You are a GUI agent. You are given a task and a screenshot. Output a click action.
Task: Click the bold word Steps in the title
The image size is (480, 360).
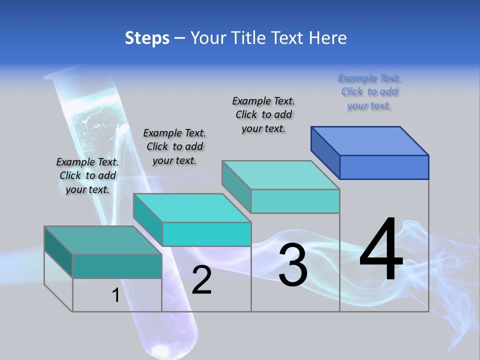pyautogui.click(x=147, y=38)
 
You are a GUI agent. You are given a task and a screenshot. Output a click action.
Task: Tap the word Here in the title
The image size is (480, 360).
pyautogui.click(x=327, y=38)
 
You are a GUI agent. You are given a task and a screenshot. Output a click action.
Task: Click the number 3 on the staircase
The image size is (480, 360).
pyautogui.click(x=293, y=265)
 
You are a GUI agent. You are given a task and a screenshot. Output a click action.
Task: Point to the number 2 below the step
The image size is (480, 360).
pyautogui.click(x=201, y=280)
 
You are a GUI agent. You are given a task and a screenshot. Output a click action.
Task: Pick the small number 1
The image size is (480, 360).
pyautogui.click(x=115, y=295)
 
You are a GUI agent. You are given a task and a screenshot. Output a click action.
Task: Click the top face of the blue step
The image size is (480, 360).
pyautogui.click(x=370, y=140)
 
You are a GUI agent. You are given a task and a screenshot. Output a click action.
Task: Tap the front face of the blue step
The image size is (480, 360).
pyautogui.click(x=384, y=167)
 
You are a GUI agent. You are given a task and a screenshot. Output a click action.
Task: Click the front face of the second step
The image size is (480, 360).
pyautogui.click(x=206, y=234)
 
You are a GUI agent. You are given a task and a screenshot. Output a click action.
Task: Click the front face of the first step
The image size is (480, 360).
pyautogui.click(x=117, y=266)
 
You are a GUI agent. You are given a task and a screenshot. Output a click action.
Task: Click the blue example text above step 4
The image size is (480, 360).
pyautogui.click(x=369, y=92)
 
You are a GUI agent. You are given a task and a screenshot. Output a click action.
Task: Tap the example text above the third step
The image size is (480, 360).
pyautogui.click(x=263, y=114)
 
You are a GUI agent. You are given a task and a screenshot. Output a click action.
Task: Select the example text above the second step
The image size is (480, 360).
pyautogui.click(x=174, y=146)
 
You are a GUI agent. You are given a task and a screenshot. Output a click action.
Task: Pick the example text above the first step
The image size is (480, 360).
pyautogui.click(x=87, y=175)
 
